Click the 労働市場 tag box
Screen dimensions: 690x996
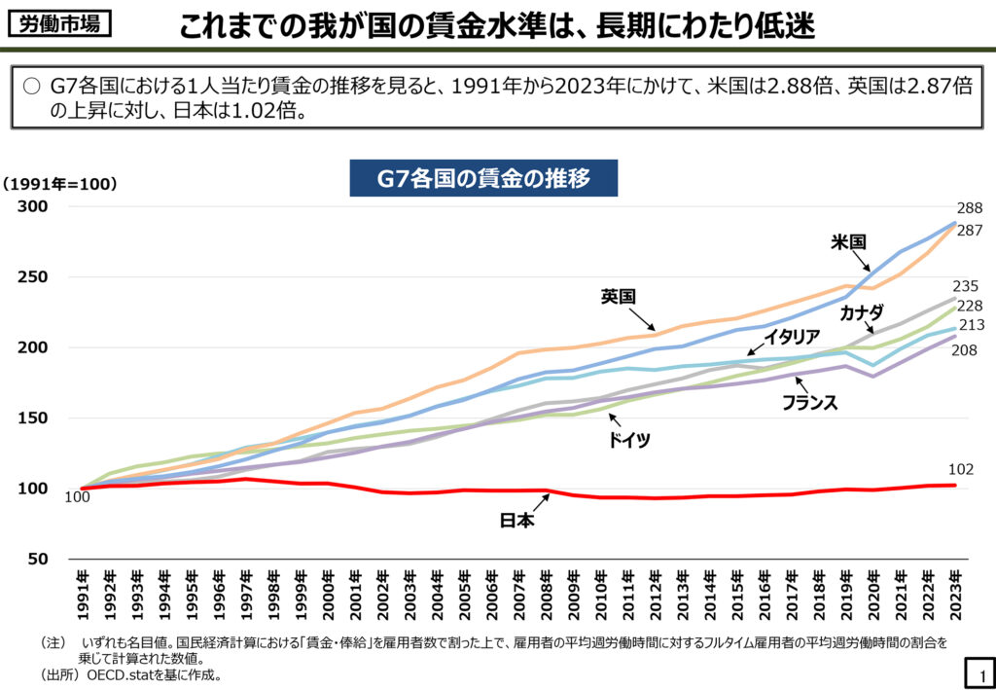tap(58, 23)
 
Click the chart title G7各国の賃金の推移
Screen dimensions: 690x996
tap(483, 179)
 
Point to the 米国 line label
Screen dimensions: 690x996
tap(848, 242)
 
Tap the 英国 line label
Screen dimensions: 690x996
tap(618, 297)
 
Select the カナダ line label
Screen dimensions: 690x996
tap(861, 312)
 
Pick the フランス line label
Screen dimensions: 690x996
tap(809, 402)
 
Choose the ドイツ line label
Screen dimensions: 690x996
tap(628, 440)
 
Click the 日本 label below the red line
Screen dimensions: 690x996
tap(516, 521)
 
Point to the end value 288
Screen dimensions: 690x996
tap(970, 208)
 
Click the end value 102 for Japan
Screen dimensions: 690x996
tap(961, 469)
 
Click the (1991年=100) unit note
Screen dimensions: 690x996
tap(58, 183)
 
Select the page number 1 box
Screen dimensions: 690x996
tap(977, 671)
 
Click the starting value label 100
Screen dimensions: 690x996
tap(76, 498)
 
